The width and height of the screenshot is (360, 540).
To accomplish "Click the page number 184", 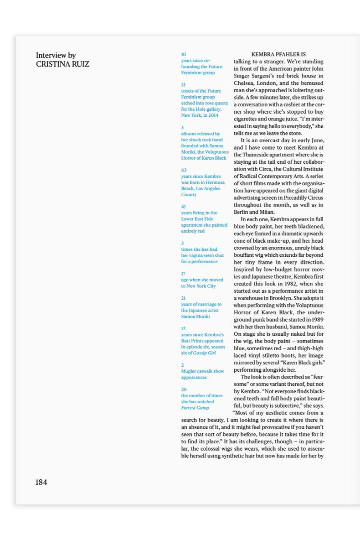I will tap(41, 482).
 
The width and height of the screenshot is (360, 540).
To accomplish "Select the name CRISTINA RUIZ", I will tap(62, 64).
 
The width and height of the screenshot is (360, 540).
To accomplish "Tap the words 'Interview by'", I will tap(56, 56).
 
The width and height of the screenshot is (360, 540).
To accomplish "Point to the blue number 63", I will tap(184, 170).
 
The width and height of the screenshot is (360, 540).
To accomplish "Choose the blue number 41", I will tap(183, 207).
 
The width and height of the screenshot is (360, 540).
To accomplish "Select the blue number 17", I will tap(183, 274).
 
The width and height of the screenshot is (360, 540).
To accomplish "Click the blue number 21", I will tap(183, 298).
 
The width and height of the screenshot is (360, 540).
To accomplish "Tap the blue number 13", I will tap(183, 85).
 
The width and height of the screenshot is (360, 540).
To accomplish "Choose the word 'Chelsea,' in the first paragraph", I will tap(246, 83).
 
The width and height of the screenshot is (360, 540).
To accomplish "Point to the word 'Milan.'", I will tap(267, 212).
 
